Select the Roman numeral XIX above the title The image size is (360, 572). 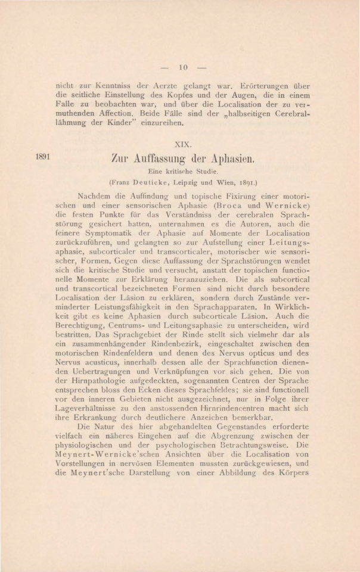pos(184,144)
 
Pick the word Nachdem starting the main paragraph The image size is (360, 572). pos(97,194)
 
